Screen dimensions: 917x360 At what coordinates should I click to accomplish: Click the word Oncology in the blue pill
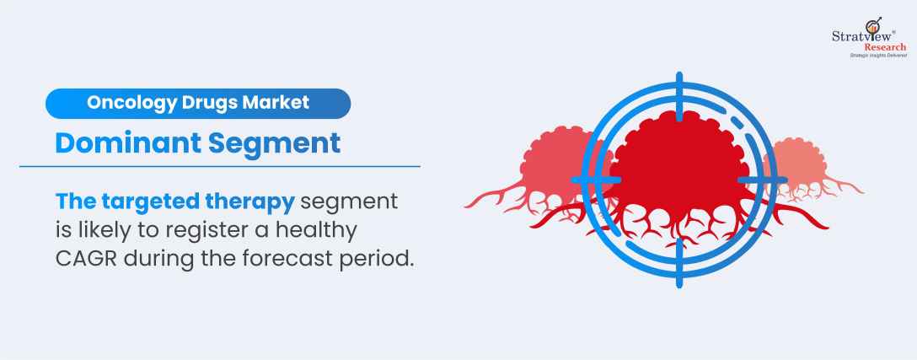131,103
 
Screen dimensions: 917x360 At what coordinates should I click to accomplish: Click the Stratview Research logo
869,37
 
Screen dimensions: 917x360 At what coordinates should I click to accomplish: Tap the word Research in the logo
886,47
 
